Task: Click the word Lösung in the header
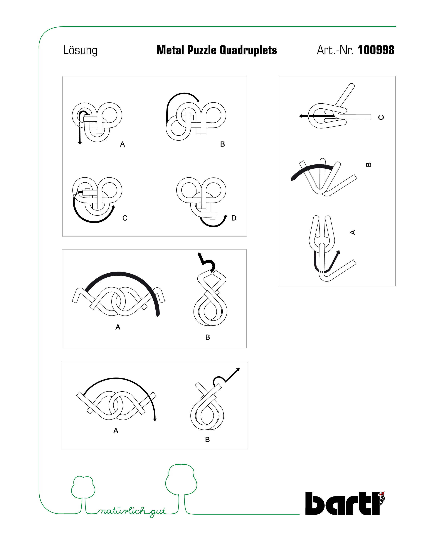point(80,50)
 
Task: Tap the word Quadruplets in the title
point(248,50)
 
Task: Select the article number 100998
point(376,50)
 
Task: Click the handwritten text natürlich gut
point(132,512)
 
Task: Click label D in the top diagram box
point(233,218)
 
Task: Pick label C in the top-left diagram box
point(125,218)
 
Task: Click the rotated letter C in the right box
point(381,117)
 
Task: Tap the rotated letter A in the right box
point(352,232)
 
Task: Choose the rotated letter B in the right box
point(369,165)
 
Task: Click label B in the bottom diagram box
point(207,439)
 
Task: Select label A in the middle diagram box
point(117,327)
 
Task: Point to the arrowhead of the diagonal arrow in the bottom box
point(238,370)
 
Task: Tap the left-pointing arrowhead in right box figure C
point(300,116)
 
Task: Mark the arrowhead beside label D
point(226,216)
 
